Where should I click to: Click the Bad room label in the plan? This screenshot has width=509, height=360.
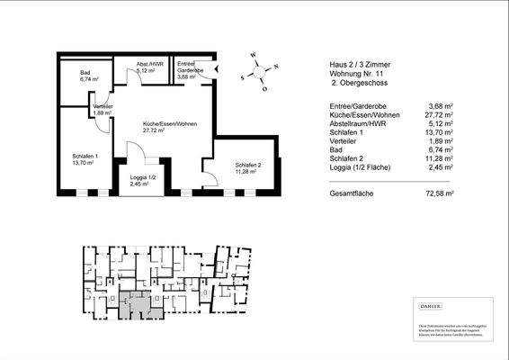[85, 73]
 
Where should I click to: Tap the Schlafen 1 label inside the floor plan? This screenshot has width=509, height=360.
[85, 156]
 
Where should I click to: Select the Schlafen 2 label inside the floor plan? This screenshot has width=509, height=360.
[248, 166]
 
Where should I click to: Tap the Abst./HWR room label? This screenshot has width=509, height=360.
[148, 65]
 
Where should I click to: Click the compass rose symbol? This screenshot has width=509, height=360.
[258, 72]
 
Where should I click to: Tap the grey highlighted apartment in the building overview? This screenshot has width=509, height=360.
[137, 303]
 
